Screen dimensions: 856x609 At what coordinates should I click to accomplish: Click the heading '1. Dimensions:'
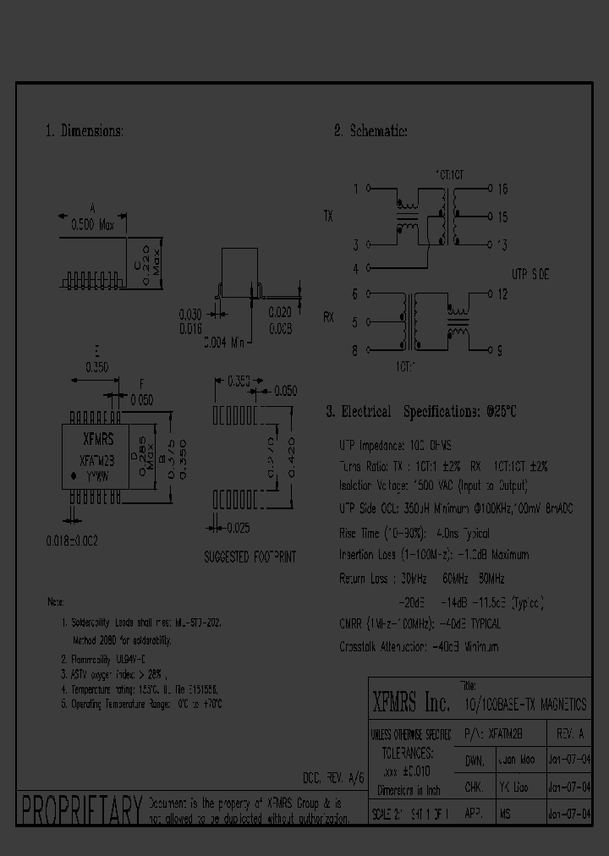85,131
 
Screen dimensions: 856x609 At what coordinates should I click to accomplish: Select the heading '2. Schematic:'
371,131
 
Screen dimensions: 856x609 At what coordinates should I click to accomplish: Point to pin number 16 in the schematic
502,189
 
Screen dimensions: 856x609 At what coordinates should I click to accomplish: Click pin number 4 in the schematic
355,269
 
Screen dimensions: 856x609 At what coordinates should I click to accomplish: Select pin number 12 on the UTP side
502,294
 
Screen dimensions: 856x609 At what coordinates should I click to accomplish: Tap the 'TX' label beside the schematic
328,217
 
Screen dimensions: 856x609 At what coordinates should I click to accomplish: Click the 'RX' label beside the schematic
328,318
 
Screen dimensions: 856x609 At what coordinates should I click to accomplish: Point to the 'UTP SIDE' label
530,274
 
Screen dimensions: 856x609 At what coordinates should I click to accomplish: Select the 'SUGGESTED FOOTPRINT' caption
250,558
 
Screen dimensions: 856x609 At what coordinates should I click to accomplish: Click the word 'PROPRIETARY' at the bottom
80,809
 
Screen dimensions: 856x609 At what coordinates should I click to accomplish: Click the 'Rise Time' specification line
414,534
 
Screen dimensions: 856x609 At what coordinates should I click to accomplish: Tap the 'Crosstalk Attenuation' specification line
419,646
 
